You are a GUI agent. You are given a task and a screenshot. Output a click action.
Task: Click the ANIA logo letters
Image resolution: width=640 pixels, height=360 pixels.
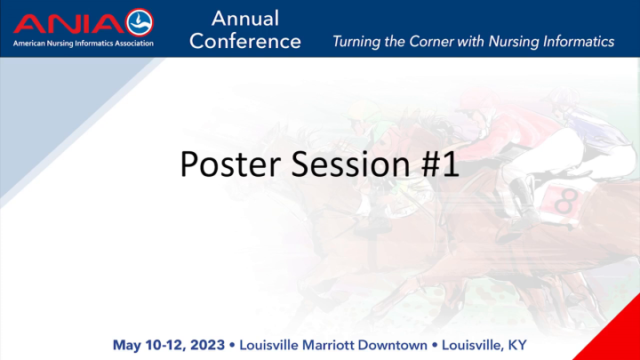[68, 22]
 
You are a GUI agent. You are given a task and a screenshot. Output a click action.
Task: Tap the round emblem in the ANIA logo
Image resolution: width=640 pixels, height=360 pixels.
[140, 22]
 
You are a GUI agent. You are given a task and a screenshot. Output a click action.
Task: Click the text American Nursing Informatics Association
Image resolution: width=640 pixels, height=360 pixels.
[83, 43]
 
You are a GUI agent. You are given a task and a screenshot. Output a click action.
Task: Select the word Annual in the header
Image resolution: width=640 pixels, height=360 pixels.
[245, 18]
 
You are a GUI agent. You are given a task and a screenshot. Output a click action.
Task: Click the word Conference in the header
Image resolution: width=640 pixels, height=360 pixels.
[245, 41]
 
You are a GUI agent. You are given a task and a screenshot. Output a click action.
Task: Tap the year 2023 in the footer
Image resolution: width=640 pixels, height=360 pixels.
[205, 343]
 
